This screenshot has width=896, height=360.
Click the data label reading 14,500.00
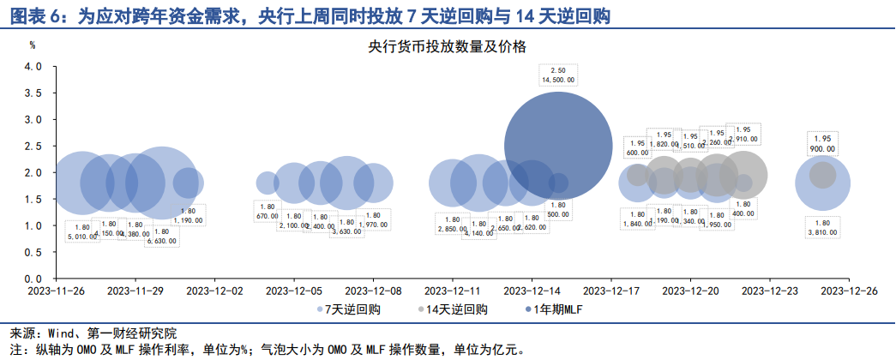(558, 80)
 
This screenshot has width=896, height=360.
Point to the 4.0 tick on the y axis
(33, 67)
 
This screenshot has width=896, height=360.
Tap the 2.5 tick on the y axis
(33, 147)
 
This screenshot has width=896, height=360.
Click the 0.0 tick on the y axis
(33, 279)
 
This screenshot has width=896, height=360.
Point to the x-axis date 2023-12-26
(849, 291)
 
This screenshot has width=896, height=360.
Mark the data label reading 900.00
(823, 149)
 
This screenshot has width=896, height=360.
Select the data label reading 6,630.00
(161, 241)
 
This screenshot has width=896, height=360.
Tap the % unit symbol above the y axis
(32, 44)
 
